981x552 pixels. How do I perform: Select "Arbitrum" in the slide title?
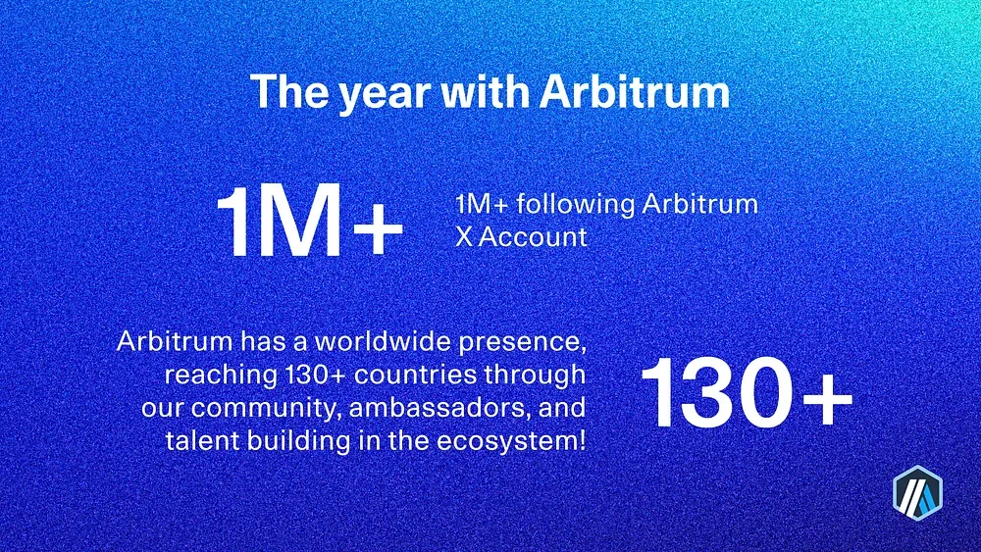pos(635,91)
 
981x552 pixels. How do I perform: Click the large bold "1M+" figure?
pos(310,221)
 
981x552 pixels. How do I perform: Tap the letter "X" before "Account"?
pos(464,237)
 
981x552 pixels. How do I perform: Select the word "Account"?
pos(533,237)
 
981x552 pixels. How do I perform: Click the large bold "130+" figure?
pos(747,392)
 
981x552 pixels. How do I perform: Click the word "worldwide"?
pos(383,341)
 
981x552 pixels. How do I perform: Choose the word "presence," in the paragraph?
pos(523,343)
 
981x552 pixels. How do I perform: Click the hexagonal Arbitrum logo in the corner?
pos(917,492)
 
